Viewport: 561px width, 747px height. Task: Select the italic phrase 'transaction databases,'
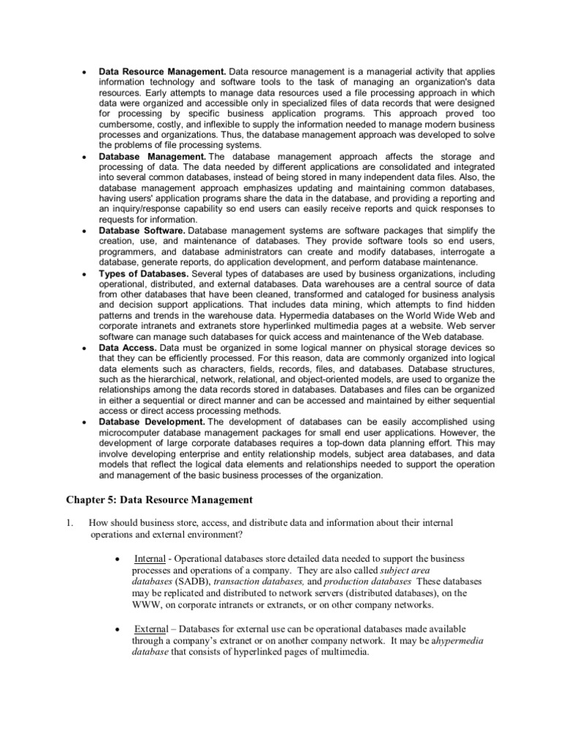point(266,581)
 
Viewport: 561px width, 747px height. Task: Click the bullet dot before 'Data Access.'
point(85,349)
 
